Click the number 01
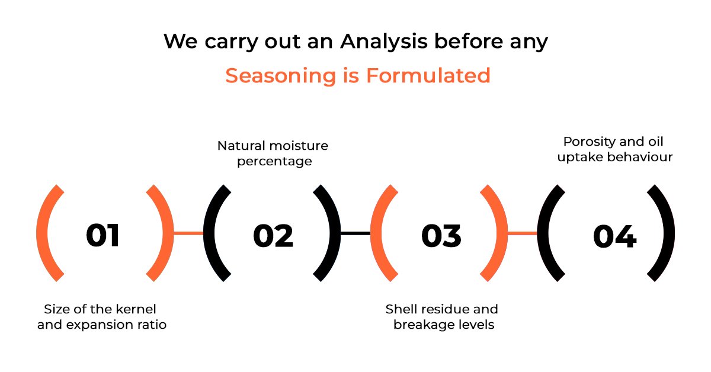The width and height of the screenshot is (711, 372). (x=103, y=235)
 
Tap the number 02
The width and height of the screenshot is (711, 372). (x=273, y=235)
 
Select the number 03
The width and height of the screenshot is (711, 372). (x=441, y=235)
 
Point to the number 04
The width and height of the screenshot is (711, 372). (x=615, y=236)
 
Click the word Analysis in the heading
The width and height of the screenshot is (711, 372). (x=383, y=42)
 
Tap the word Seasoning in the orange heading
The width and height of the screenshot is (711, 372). (x=281, y=76)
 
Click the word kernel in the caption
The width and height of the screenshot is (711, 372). (x=136, y=309)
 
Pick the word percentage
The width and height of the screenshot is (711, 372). (x=274, y=162)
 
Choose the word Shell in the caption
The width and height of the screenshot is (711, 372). (x=398, y=309)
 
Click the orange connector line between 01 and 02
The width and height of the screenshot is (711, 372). (x=188, y=233)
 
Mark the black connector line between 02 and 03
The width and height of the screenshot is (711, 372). (x=355, y=233)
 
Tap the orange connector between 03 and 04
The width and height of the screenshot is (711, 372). (x=522, y=233)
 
